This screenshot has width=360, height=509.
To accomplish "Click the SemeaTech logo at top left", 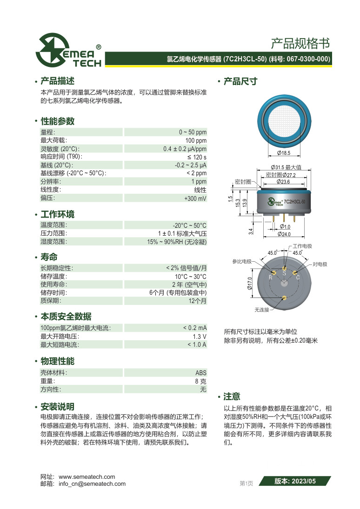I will coord(69,50).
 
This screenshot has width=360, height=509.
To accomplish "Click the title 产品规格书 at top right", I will coord(300,44).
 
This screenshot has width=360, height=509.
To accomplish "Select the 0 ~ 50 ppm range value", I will coord(193,132).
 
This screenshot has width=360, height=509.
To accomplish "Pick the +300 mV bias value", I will coord(195,198).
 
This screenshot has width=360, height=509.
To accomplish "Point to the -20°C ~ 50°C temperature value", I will coord(189,225).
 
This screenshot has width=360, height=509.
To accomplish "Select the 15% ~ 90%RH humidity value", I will coord(177,242).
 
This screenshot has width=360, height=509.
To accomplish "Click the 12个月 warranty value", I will coord(197,301).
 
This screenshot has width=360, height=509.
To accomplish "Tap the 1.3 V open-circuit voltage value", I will coord(200,336).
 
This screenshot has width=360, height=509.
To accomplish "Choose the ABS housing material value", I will coord(201,373).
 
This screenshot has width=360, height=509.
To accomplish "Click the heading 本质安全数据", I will coord(66,317).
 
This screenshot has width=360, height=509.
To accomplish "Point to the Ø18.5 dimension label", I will coord(283,152).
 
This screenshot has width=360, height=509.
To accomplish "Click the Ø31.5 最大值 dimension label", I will coord(286,167).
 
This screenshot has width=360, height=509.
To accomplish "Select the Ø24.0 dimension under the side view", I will coord(284,234).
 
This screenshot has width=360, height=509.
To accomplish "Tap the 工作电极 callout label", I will coord(302,246).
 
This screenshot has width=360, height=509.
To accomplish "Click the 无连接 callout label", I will coord(262,309).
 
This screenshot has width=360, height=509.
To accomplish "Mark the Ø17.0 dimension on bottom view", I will coord(249,284).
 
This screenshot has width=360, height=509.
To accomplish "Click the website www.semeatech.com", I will coord(87,477).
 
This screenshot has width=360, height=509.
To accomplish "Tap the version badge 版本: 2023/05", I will coord(295,482).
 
